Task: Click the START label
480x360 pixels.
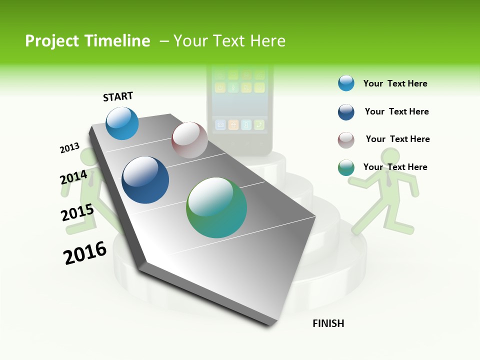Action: [x=118, y=96]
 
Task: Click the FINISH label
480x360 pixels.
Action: [x=328, y=323]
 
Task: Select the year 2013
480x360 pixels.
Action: [x=69, y=148]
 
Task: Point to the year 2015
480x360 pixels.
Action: [x=77, y=212]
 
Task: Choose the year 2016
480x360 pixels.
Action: [x=85, y=253]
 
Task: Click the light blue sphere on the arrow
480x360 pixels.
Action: [x=122, y=123]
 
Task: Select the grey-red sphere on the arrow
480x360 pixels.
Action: [x=189, y=140]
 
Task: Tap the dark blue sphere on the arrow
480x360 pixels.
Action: [x=145, y=180]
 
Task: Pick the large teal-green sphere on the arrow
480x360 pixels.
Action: [x=216, y=207]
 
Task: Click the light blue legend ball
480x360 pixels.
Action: [x=346, y=83]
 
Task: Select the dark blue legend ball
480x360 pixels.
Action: [x=346, y=112]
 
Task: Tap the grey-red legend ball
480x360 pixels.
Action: [x=346, y=140]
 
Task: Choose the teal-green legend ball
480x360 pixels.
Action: [x=346, y=167]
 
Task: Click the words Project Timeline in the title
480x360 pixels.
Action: [x=87, y=41]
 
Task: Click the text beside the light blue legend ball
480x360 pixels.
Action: [x=395, y=83]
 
